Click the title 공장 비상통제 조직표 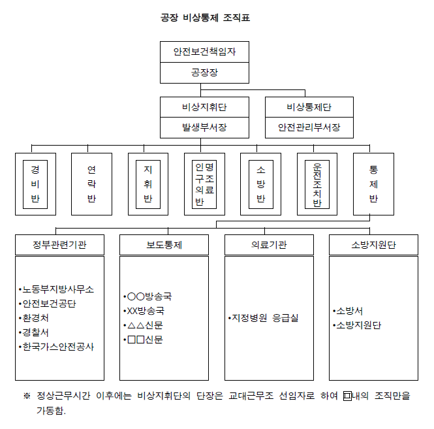pos(205,18)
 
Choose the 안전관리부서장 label pos(309,127)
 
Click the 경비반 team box pos(35,184)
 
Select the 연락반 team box pos(91,184)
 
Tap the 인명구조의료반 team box pos(204,184)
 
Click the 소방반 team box pos(260,184)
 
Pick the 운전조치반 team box pos(317,184)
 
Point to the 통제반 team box pos(373,184)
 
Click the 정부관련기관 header pos(59,246)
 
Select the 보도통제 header pos(164,246)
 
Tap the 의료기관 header pos(269,246)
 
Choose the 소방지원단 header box pos(374,246)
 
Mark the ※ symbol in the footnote pos(27,396)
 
